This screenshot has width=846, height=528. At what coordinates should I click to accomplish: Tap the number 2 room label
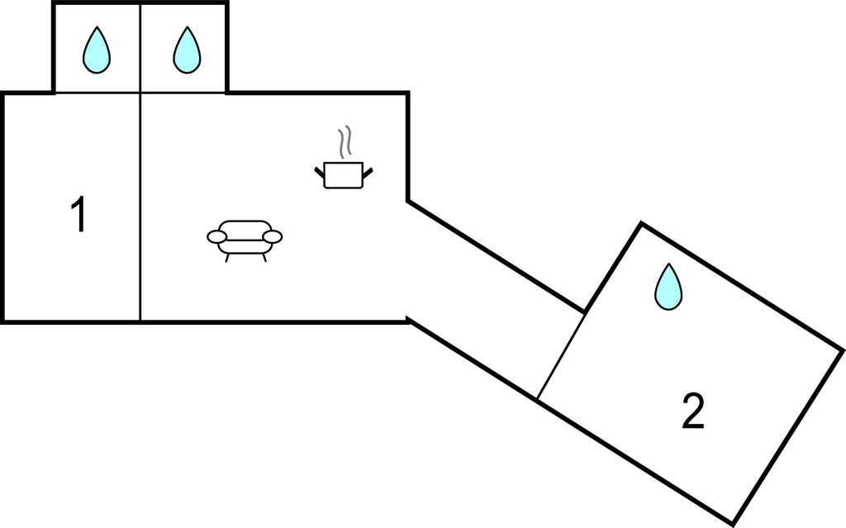coord(693,411)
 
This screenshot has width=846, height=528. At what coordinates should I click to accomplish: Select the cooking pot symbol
coord(344,173)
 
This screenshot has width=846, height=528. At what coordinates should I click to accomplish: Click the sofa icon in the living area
coord(245,236)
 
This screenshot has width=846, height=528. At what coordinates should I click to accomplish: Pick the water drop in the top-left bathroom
coord(97,50)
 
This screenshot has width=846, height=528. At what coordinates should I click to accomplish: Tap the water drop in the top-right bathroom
coord(187,50)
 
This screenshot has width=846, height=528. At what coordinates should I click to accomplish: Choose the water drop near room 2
coord(668,287)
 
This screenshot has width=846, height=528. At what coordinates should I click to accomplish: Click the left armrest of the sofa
coord(216,237)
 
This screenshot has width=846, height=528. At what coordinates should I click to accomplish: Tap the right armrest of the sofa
coord(273,237)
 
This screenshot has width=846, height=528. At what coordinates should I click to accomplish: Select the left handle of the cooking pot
coord(319,172)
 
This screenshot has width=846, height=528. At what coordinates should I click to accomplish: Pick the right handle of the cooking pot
coord(368,172)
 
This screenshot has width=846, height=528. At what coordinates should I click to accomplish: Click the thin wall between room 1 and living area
coord(140,207)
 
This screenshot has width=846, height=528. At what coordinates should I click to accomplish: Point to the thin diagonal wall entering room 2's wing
coord(562,355)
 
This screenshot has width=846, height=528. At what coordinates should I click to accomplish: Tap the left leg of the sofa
coord(227,257)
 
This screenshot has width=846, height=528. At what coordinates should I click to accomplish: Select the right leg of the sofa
coord(264,257)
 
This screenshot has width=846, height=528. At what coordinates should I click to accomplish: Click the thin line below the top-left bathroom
coord(97,93)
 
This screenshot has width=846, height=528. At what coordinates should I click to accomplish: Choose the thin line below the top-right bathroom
coord(183,93)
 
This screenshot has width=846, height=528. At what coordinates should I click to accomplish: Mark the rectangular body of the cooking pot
coord(344,176)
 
